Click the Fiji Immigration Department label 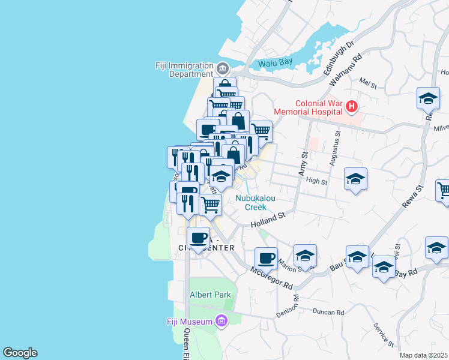point(184,70)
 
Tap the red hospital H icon point(352,107)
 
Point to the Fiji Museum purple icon point(221,322)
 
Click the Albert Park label point(210,295)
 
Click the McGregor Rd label point(271,277)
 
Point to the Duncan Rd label point(328,313)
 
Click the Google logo point(20,353)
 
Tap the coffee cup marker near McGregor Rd point(266,258)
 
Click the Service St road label point(382,335)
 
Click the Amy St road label point(303,164)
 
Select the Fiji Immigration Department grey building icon point(223,67)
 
